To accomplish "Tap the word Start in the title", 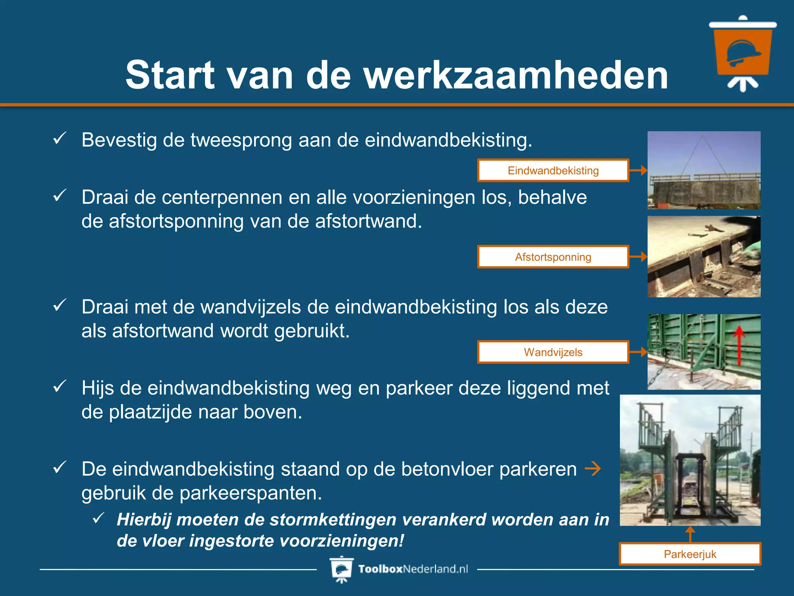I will (x=170, y=75).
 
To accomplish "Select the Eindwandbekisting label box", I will (x=553, y=170).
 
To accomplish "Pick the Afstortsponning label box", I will (x=553, y=257).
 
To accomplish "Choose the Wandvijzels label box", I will (x=553, y=352).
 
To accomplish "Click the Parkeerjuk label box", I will (x=690, y=554).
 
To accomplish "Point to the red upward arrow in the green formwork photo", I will (x=739, y=345).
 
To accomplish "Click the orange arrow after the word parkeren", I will (x=592, y=469).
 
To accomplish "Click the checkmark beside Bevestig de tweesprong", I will (x=60, y=139).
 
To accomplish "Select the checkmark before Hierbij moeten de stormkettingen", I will (x=99, y=518).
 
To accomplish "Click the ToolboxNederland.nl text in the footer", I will (x=413, y=569).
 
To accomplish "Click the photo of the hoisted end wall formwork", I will (x=704, y=170).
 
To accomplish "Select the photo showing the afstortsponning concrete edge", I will (x=704, y=256).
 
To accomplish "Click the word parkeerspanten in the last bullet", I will (x=250, y=493).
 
